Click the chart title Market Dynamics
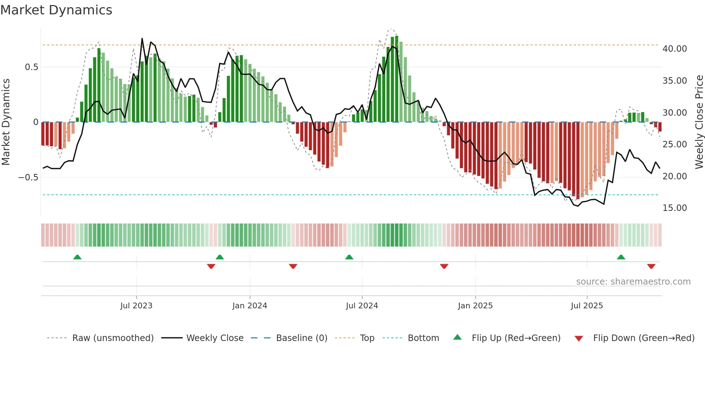click(x=56, y=10)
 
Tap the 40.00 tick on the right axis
click(x=674, y=49)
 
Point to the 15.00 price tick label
click(x=674, y=208)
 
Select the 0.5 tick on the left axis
click(x=31, y=67)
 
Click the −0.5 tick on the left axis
click(x=28, y=178)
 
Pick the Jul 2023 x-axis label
click(x=136, y=306)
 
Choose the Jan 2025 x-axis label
click(x=475, y=306)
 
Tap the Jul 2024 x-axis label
click(x=362, y=306)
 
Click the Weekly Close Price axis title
click(x=699, y=122)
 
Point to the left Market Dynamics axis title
click(x=6, y=122)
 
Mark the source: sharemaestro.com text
click(x=633, y=282)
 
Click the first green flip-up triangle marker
click(x=77, y=257)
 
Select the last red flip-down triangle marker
click(x=651, y=266)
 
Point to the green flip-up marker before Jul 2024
click(x=349, y=257)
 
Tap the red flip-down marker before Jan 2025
click(x=444, y=266)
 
